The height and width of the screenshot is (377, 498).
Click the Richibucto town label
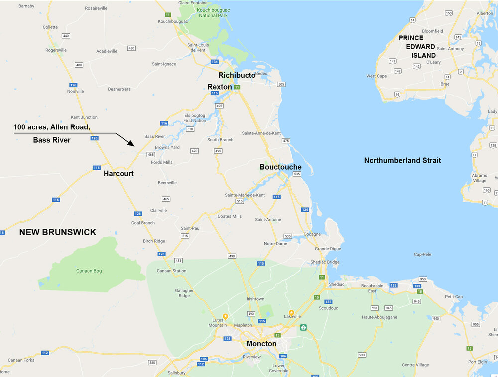(237, 75)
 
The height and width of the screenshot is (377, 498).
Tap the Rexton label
(220, 87)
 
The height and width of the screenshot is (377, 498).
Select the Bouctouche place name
(280, 167)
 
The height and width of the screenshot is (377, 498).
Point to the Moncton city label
(261, 344)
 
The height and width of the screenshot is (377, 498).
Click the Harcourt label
(119, 174)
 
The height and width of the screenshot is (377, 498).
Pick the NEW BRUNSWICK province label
(58, 232)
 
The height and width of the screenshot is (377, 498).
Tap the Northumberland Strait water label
(402, 160)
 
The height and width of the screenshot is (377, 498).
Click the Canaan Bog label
(89, 271)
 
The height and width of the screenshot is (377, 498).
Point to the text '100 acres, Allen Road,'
(52, 127)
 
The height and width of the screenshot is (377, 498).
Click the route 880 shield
(152, 362)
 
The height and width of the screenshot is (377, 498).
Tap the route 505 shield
(281, 84)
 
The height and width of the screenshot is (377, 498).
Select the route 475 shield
(286, 141)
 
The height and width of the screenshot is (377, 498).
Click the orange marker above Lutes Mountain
(225, 316)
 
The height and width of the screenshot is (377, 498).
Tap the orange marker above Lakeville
(291, 313)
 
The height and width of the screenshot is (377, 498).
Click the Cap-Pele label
(421, 254)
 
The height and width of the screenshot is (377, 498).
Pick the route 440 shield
(66, 36)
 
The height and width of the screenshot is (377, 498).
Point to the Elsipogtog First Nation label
(194, 118)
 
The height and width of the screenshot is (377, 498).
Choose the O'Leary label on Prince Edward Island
(434, 62)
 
